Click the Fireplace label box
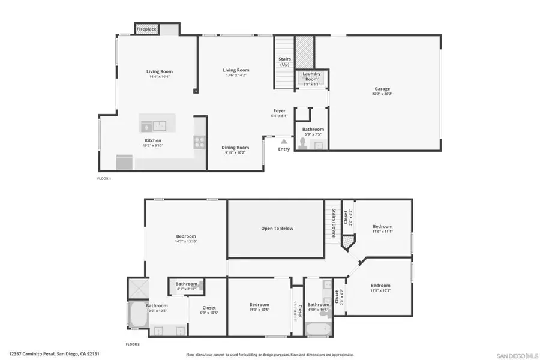coord(146,29)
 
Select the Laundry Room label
coord(311,77)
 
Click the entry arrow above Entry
coord(284,142)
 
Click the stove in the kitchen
coord(199,142)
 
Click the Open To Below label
coord(277,229)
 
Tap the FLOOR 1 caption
coord(104,178)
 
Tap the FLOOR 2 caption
coord(133,344)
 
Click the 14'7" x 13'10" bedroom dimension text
coord(185,241)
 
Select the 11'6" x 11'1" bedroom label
coord(382,229)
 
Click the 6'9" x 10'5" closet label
coord(209,310)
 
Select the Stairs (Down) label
coord(333,223)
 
